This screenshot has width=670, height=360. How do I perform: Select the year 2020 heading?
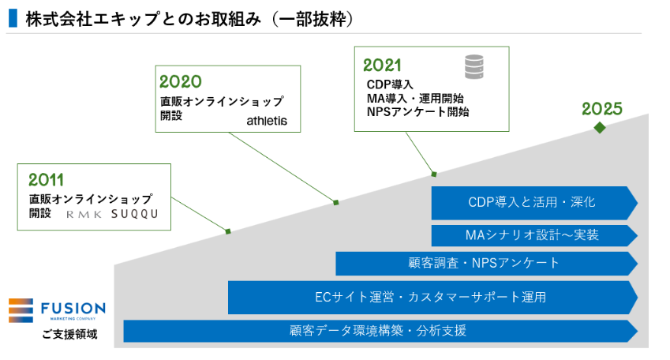pos(180,81)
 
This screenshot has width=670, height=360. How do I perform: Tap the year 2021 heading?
pos(383,66)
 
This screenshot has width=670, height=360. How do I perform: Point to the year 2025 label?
pos(602,109)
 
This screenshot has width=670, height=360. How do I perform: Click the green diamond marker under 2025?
pos(600,127)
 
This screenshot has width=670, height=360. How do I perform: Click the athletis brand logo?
pos(267,122)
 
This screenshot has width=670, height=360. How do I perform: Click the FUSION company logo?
pos(57,309)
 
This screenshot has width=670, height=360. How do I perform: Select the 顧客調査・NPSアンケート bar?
pos(485,263)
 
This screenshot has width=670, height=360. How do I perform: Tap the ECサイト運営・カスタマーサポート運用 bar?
pos(430,297)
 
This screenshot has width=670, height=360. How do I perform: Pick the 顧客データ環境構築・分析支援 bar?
pos(379,331)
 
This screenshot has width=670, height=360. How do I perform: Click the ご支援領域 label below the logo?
pos(70,334)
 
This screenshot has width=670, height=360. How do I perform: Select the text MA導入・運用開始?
pos(414,98)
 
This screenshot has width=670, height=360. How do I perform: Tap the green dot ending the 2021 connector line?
pos(434,173)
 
